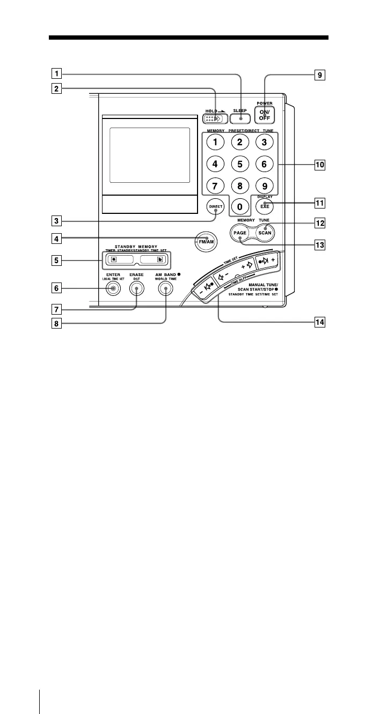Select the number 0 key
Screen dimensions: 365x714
[x=240, y=206]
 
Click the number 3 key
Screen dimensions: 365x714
[x=264, y=143]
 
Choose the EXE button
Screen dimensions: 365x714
[x=265, y=205]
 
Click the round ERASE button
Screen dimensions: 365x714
[x=137, y=289]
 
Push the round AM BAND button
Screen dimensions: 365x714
[x=166, y=289]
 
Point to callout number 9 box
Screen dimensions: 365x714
[x=320, y=75]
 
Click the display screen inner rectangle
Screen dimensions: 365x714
[x=150, y=155]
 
